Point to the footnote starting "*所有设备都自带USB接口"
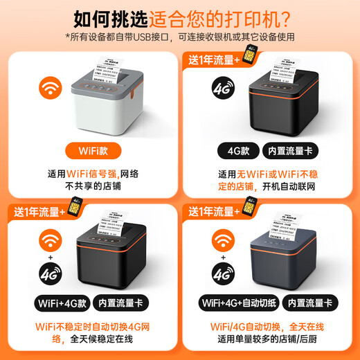[180, 36]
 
